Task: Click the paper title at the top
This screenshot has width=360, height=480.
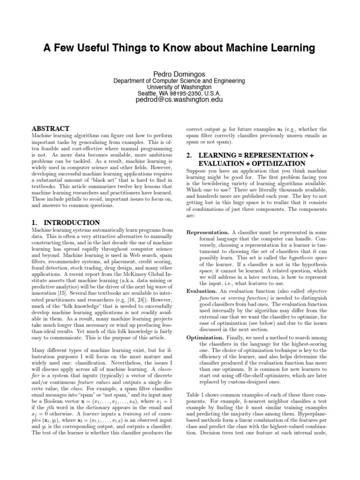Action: pos(180,48)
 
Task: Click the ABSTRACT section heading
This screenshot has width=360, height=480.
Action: pos(50,128)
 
